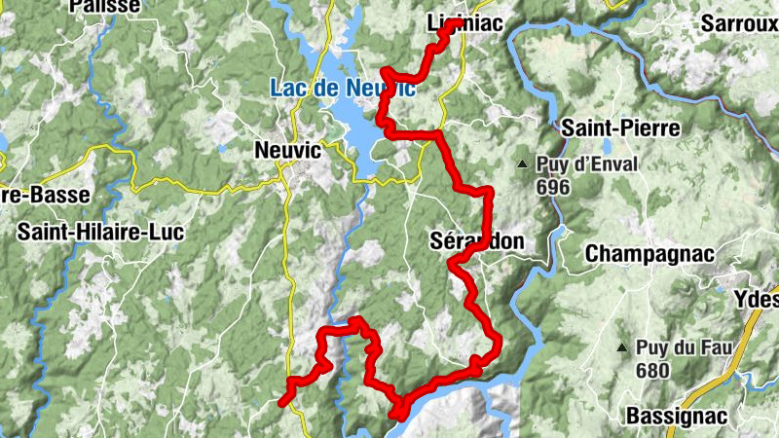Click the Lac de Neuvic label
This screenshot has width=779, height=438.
(x=342, y=89)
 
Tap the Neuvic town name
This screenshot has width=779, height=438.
(x=286, y=150)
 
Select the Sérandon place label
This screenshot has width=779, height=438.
(x=476, y=240)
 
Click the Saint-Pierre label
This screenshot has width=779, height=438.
(x=619, y=128)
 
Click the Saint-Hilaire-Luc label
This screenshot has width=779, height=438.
(x=97, y=232)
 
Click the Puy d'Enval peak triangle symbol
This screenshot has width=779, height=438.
(x=523, y=164)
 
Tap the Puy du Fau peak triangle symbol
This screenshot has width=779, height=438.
(x=621, y=347)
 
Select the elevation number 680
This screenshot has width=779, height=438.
(x=652, y=370)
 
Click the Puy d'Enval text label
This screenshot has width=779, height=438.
(x=585, y=164)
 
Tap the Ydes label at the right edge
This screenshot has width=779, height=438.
(x=759, y=299)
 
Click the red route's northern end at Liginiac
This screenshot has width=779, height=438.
(x=454, y=23)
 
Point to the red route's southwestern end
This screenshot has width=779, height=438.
(x=282, y=401)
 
